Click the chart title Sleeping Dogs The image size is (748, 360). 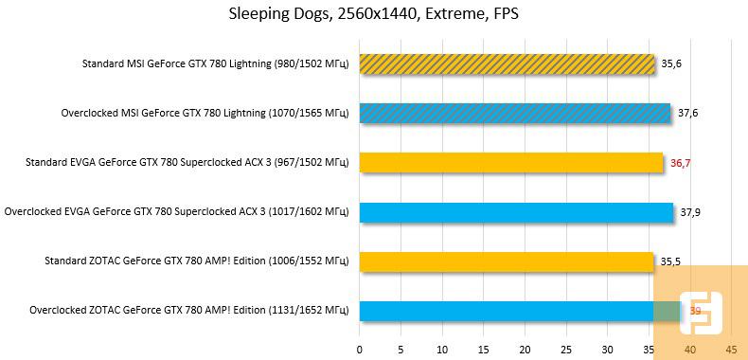tap(373, 13)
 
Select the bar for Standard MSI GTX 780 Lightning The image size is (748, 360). tap(507, 63)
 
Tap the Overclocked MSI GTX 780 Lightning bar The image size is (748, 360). tap(514, 113)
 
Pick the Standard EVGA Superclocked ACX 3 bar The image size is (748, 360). tap(510, 162)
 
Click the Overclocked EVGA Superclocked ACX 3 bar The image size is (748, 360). tap(516, 211)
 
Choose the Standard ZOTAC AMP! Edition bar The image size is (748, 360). tap(506, 261)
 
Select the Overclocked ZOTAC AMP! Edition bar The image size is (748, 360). tap(520, 310)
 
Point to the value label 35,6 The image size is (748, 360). tap(672, 63)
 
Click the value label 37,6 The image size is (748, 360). tap(688, 113)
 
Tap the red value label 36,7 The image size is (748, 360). tap(681, 162)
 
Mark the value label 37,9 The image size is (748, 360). tap(690, 211)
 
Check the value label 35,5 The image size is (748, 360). tap(671, 261)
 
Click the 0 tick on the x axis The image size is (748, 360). tap(359, 349)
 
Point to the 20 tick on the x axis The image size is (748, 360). tap(525, 349)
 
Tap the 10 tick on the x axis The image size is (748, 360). tap(441, 349)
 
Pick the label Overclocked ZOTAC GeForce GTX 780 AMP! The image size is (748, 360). tap(189, 310)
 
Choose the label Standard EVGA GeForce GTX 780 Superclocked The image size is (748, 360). tap(187, 162)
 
